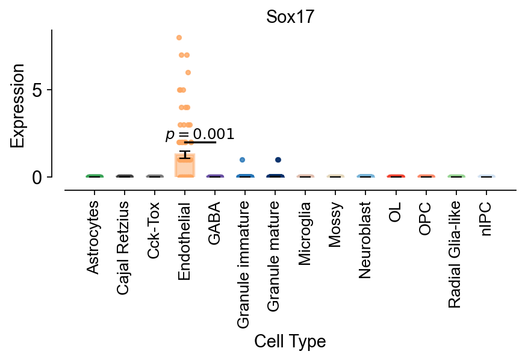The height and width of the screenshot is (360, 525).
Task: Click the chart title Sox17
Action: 290,17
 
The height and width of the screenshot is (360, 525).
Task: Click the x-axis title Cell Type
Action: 290,342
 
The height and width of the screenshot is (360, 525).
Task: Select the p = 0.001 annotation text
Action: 200,134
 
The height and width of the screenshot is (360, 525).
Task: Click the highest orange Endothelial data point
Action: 179,37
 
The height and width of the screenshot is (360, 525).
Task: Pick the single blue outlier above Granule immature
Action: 242,160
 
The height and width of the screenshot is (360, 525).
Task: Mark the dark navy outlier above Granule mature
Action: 278,160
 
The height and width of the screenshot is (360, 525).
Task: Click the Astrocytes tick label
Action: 93,238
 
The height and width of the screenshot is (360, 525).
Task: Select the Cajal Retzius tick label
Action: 124,248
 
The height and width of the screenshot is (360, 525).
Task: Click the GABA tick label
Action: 215,223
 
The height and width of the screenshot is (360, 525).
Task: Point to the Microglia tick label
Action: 306,232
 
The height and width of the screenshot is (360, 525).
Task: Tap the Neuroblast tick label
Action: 366,240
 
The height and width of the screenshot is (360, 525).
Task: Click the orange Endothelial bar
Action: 185,166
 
